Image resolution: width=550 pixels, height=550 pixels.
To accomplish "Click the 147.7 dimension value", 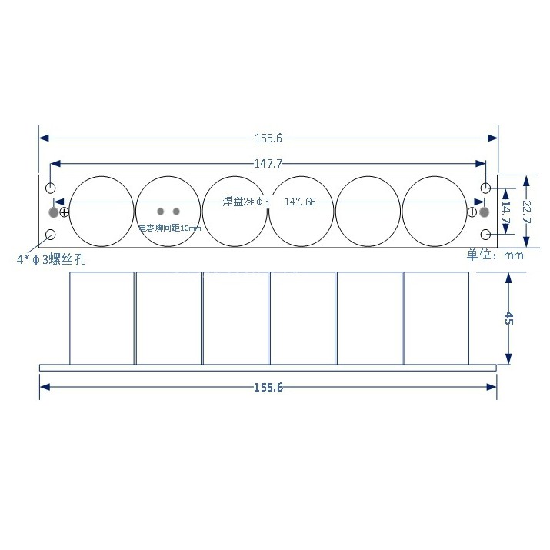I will [x=268, y=164].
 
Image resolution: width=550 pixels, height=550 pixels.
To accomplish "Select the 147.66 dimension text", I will [x=300, y=202].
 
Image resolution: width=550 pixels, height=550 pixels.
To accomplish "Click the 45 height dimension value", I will [x=508, y=318].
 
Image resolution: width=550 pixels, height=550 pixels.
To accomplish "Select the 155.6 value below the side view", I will [x=268, y=387].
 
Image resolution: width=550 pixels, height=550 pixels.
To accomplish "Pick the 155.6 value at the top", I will [x=268, y=138].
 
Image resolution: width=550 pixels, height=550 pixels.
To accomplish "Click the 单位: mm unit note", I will [x=494, y=255].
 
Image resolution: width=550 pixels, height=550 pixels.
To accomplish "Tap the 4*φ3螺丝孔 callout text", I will [x=51, y=260].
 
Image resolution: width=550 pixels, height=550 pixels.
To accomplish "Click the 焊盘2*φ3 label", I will [x=246, y=202].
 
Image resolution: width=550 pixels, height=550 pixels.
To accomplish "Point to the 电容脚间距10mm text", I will [x=169, y=228].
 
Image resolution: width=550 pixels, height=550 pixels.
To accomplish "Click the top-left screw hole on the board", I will [x=51, y=188].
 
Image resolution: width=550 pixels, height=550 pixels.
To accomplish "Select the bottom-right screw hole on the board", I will [x=486, y=235].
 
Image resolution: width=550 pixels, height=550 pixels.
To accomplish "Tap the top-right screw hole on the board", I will [x=486, y=188].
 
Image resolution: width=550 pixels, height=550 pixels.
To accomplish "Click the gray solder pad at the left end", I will [x=53, y=212].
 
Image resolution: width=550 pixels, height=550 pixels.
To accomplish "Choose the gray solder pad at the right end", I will [x=485, y=212].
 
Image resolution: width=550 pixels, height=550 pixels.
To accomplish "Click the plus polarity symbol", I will [x=64, y=213].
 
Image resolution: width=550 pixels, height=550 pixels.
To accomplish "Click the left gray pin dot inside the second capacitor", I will [x=161, y=212].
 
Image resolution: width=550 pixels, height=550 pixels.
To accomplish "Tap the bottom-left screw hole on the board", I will [x=51, y=235].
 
